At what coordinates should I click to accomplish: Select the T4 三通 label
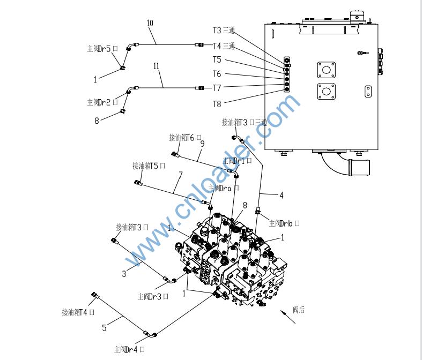pyautogui.click(x=224, y=46)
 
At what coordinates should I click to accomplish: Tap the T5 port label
pyautogui.click(x=217, y=60)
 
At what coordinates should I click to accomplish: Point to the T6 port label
pyautogui.click(x=217, y=74)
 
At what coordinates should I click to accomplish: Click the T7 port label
pyautogui.click(x=217, y=87)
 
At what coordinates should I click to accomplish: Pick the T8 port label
pyautogui.click(x=217, y=104)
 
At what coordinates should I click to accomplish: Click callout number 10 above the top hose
pyautogui.click(x=150, y=23)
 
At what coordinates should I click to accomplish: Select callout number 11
pyautogui.click(x=156, y=66)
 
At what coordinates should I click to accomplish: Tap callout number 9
pyautogui.click(x=203, y=144)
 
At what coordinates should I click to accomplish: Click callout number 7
pyautogui.click(x=181, y=175)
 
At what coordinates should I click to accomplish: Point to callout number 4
pyautogui.click(x=282, y=196)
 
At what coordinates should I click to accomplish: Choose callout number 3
pyautogui.click(x=124, y=274)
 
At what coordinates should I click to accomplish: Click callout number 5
pyautogui.click(x=104, y=325)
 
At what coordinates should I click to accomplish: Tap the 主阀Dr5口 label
pyautogui.click(x=102, y=49)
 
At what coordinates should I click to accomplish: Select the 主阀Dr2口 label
pyautogui.click(x=102, y=102)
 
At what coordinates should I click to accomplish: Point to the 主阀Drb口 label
pyautogui.click(x=284, y=223)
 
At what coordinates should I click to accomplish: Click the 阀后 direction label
pyautogui.click(x=299, y=310)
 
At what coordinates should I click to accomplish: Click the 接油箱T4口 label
pyautogui.click(x=78, y=312)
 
